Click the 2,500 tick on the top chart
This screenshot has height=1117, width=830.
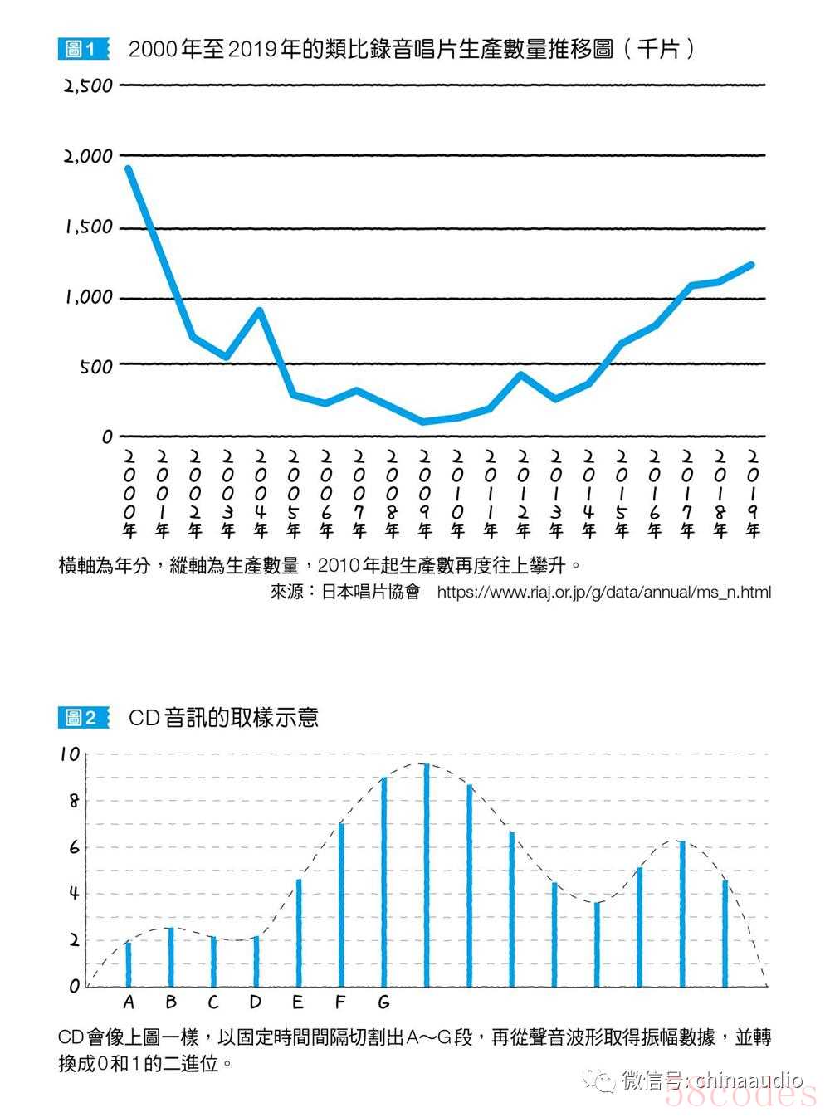point(88,85)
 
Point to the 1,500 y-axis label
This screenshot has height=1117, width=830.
point(90,227)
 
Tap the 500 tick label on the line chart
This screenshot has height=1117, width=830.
point(96,367)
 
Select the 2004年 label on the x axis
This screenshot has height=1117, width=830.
point(261,494)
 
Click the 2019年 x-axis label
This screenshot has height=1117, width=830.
point(753,494)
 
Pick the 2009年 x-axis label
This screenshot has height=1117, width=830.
point(425,494)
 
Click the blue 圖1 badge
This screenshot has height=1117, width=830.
point(83,49)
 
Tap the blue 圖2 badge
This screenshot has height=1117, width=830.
point(83,717)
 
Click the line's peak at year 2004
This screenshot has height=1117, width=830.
point(260,311)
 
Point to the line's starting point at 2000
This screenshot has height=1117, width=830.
point(128,168)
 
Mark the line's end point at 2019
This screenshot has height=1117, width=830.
point(751,265)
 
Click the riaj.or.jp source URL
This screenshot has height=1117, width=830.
point(603,593)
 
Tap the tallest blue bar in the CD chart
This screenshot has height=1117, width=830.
point(427,875)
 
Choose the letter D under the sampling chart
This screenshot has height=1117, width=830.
point(255,1002)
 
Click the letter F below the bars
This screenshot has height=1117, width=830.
point(340,1002)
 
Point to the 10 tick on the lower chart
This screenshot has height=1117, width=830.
point(69,755)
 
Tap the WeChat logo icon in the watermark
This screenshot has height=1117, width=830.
point(599,1080)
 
